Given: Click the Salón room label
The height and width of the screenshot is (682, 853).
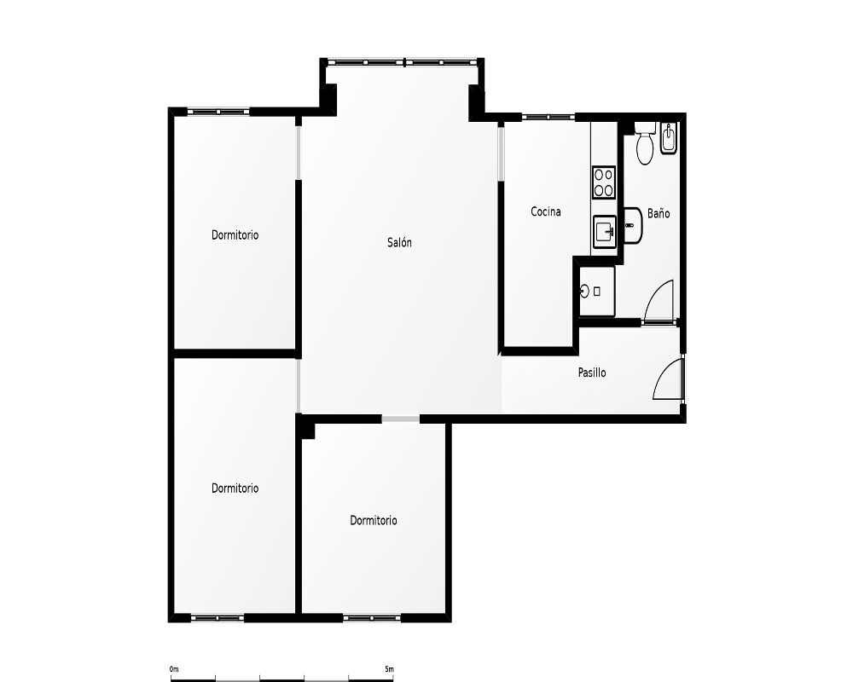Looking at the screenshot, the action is (x=399, y=243).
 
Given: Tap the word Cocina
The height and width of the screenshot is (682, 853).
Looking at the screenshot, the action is (x=546, y=211).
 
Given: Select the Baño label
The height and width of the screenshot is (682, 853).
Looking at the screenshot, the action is (x=659, y=213).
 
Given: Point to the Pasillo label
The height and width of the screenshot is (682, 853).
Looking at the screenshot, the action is (x=592, y=373).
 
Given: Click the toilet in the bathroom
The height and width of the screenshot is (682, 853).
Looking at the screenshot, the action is (x=645, y=143).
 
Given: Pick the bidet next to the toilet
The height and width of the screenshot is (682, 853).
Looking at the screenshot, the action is (x=668, y=138).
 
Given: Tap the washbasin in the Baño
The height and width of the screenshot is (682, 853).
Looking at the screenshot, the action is (x=633, y=225).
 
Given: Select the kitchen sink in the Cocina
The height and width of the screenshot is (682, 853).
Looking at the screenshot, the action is (x=604, y=232).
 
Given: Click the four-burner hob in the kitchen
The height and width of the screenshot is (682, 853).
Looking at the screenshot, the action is (x=604, y=182).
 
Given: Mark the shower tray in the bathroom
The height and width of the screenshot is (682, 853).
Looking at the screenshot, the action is (x=597, y=291).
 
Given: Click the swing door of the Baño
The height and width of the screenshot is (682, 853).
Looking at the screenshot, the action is (x=659, y=301).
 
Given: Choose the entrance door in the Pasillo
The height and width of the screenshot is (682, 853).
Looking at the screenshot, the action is (x=668, y=379).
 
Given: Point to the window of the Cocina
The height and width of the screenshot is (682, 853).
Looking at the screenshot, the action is (x=548, y=117).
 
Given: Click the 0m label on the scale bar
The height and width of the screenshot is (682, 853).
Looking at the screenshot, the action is (x=174, y=669).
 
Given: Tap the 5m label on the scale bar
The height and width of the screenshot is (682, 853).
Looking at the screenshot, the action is (x=390, y=669).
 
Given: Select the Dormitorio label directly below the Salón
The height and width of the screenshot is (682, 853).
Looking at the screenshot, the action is (x=374, y=521).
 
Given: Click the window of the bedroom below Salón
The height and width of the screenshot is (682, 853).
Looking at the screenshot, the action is (x=373, y=618).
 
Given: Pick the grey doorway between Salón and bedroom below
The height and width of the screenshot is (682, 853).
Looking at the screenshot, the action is (x=400, y=419).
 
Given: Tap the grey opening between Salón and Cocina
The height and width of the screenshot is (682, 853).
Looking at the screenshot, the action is (x=501, y=153).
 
